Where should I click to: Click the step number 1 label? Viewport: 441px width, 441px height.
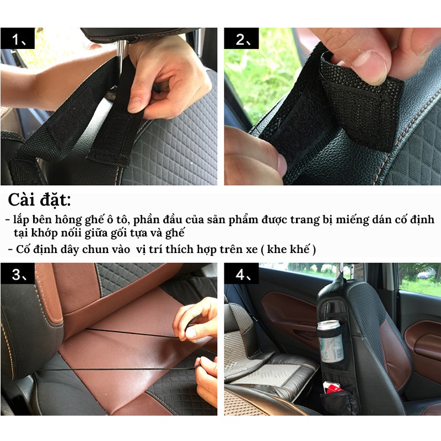tap(18, 38)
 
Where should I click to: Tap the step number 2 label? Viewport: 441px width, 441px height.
tap(241, 38)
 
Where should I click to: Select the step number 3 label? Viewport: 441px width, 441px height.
tap(18, 273)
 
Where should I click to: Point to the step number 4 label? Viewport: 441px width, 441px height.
tap(241, 273)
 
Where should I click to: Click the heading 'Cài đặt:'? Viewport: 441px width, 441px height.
tap(39, 200)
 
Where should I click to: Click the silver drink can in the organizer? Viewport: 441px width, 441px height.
tap(330, 341)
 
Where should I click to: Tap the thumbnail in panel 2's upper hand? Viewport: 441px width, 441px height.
tap(369, 67)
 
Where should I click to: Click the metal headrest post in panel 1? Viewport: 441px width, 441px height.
tap(121, 56)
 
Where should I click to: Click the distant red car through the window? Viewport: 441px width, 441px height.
tap(423, 275)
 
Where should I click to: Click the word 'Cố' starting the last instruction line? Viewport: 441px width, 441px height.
tap(23, 250)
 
